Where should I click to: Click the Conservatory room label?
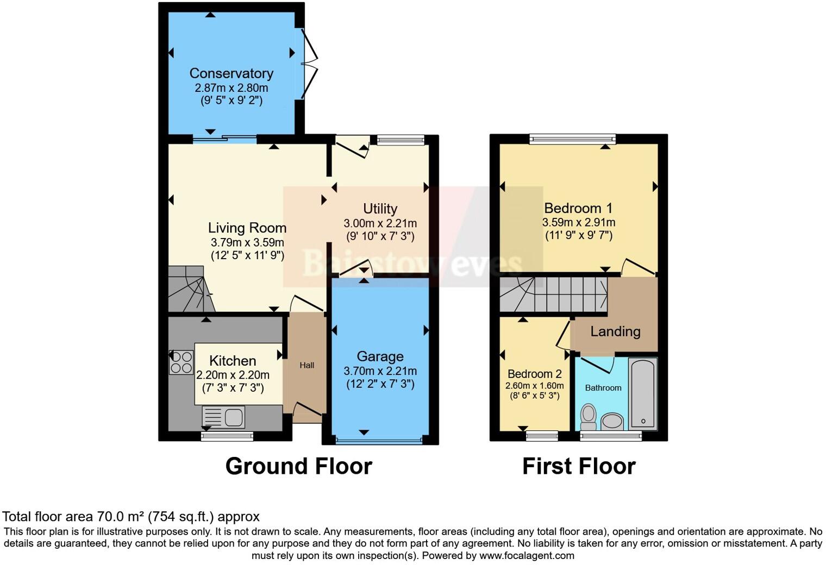[x=231, y=73]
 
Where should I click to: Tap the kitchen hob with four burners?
[x=182, y=362]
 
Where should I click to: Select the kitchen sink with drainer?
[x=224, y=417]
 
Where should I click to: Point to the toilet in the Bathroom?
[x=588, y=417]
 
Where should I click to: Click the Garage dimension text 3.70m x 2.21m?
[x=380, y=371]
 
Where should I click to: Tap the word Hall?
[x=306, y=366]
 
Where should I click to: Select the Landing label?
[x=615, y=331]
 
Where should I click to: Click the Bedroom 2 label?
[x=534, y=374]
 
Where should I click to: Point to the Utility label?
[x=380, y=209]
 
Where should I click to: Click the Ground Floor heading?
[x=298, y=467]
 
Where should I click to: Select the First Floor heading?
[x=579, y=467]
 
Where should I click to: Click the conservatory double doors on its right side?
[x=309, y=64]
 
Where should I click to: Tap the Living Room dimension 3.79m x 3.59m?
[x=247, y=242]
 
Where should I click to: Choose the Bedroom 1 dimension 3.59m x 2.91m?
[x=578, y=222]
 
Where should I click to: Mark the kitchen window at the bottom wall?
[x=227, y=436]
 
